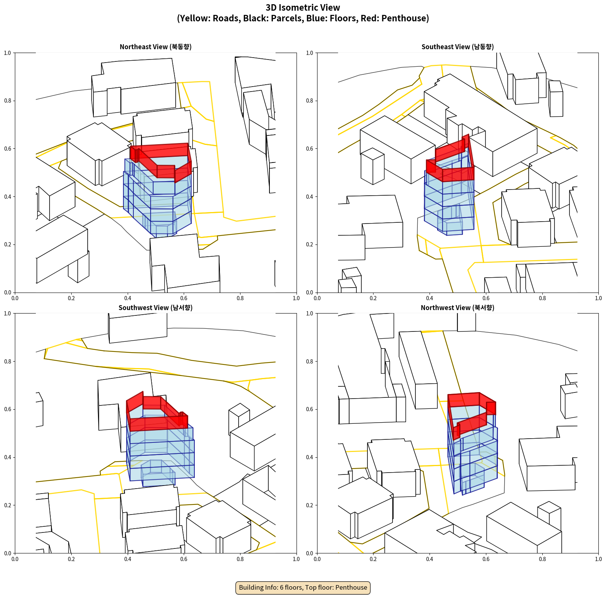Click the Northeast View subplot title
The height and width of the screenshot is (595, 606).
[x=156, y=47]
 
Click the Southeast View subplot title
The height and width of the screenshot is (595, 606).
[x=457, y=47]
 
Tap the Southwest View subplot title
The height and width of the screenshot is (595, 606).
[x=156, y=308]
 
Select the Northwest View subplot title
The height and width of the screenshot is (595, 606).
[x=457, y=308]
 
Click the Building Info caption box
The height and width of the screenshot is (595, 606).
[x=303, y=587]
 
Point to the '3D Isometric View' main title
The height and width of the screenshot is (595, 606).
[x=303, y=8]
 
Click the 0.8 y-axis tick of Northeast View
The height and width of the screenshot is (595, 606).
[x=8, y=101]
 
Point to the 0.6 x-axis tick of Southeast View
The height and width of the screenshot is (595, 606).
[x=486, y=298]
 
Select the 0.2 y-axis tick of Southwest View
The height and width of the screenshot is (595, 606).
[x=8, y=505]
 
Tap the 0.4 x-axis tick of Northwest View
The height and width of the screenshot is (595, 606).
[x=430, y=559]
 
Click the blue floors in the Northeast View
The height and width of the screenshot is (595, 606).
[x=156, y=202]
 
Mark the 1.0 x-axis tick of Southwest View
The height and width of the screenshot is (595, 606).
[x=296, y=559]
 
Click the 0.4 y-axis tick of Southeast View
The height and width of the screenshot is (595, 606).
[x=309, y=196]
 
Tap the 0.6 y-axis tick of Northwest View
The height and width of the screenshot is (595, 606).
[x=309, y=409]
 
